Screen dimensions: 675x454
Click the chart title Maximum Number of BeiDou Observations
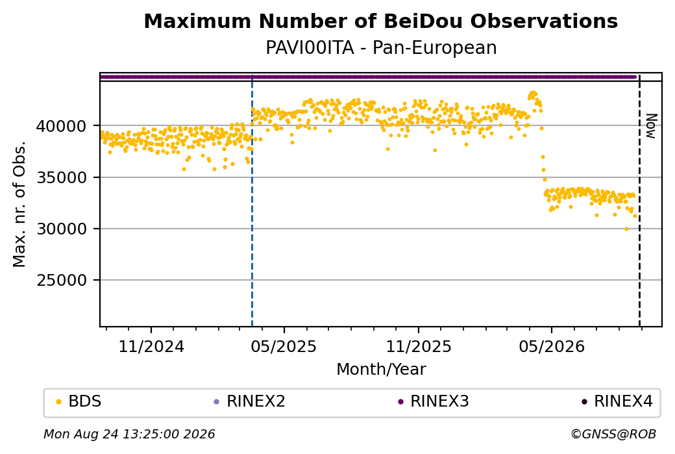click(380, 21)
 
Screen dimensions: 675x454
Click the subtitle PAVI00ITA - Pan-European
click(381, 47)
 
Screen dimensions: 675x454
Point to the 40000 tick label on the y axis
click(62, 126)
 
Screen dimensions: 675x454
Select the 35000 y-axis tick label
click(62, 177)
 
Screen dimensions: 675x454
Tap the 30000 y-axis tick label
click(62, 229)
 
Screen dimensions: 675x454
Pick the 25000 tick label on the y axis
click(62, 281)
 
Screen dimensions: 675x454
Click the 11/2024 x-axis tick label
click(151, 346)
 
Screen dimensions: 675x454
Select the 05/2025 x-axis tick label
click(284, 346)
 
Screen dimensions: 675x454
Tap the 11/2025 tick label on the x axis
click(419, 346)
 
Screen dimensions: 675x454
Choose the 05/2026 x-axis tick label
click(552, 346)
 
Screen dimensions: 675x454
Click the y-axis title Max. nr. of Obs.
click(19, 204)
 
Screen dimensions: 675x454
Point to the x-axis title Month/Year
click(381, 369)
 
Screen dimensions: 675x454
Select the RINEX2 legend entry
click(250, 401)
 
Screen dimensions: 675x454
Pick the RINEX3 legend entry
click(434, 401)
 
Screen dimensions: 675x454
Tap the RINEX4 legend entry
click(617, 401)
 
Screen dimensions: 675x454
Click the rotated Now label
click(652, 126)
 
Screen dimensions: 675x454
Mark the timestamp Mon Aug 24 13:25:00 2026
click(129, 434)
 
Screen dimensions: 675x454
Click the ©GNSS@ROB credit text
click(613, 434)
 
